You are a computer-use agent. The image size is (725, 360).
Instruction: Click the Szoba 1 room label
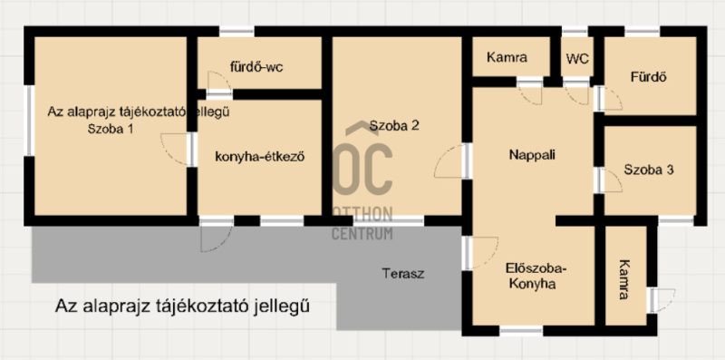[111, 129]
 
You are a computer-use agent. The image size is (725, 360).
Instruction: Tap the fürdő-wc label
[256, 67]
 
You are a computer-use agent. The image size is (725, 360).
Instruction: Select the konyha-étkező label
[260, 157]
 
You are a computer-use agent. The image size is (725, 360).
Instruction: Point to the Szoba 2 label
[394, 125]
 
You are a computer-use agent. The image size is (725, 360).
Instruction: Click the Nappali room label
[532, 154]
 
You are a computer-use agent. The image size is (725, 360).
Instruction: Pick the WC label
[577, 59]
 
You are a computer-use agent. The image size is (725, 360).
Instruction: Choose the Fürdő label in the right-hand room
[648, 77]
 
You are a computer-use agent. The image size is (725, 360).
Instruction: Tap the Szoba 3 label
[649, 170]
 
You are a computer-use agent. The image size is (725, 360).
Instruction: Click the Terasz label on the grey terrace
[402, 274]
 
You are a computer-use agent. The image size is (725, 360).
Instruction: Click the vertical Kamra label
[624, 279]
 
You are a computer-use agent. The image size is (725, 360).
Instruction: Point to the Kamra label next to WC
[507, 58]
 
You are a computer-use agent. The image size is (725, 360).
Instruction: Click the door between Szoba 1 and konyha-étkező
[179, 149]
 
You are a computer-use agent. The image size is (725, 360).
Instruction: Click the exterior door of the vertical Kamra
[662, 300]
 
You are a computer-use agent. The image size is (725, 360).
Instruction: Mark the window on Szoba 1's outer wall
[29, 121]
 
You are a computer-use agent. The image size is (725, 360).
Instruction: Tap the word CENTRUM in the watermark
[362, 233]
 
